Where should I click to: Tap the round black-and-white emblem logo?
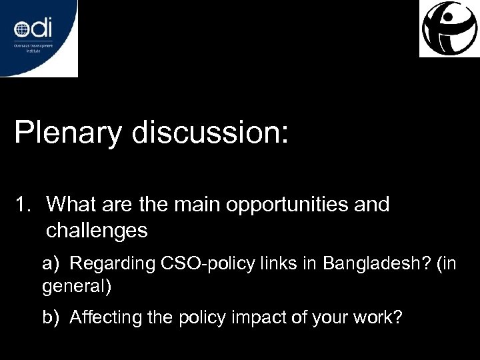tap(449, 29)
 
